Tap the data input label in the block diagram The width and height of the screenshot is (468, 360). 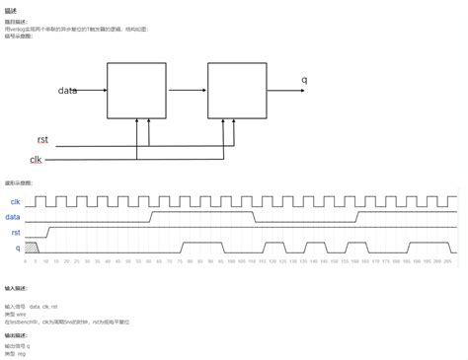click(67, 90)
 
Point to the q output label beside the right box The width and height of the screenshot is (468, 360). click(304, 80)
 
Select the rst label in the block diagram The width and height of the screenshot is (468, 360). click(42, 140)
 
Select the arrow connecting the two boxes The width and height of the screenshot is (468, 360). click(188, 90)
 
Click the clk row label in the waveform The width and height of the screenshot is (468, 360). click(15, 201)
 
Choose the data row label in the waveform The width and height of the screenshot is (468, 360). click(14, 216)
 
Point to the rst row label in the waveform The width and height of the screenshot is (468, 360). click(15, 232)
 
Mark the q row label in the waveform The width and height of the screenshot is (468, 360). click(17, 248)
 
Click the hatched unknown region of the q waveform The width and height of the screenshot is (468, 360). click(31, 248)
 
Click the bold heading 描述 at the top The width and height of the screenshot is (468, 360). click(10, 8)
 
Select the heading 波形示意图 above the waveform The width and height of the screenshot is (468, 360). click(19, 183)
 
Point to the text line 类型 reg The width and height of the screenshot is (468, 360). click(16, 352)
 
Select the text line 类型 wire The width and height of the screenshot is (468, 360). click(17, 313)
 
